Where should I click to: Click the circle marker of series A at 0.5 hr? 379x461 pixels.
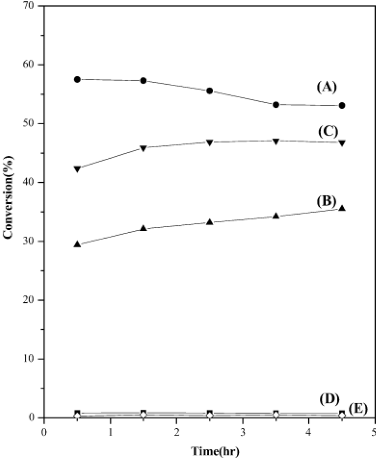77,79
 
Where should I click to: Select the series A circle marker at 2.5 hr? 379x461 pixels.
209,91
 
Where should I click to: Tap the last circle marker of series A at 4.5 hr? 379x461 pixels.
342,105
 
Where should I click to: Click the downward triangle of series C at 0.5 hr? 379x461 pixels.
77,169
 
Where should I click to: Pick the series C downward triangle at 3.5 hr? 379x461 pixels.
276,141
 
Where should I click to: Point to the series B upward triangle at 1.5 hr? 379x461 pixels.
144,228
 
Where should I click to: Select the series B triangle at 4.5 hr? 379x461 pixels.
342,208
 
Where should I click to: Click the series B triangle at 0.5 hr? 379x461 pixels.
77,244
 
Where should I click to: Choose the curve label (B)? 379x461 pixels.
326,201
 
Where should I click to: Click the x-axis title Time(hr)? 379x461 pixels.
215,451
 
